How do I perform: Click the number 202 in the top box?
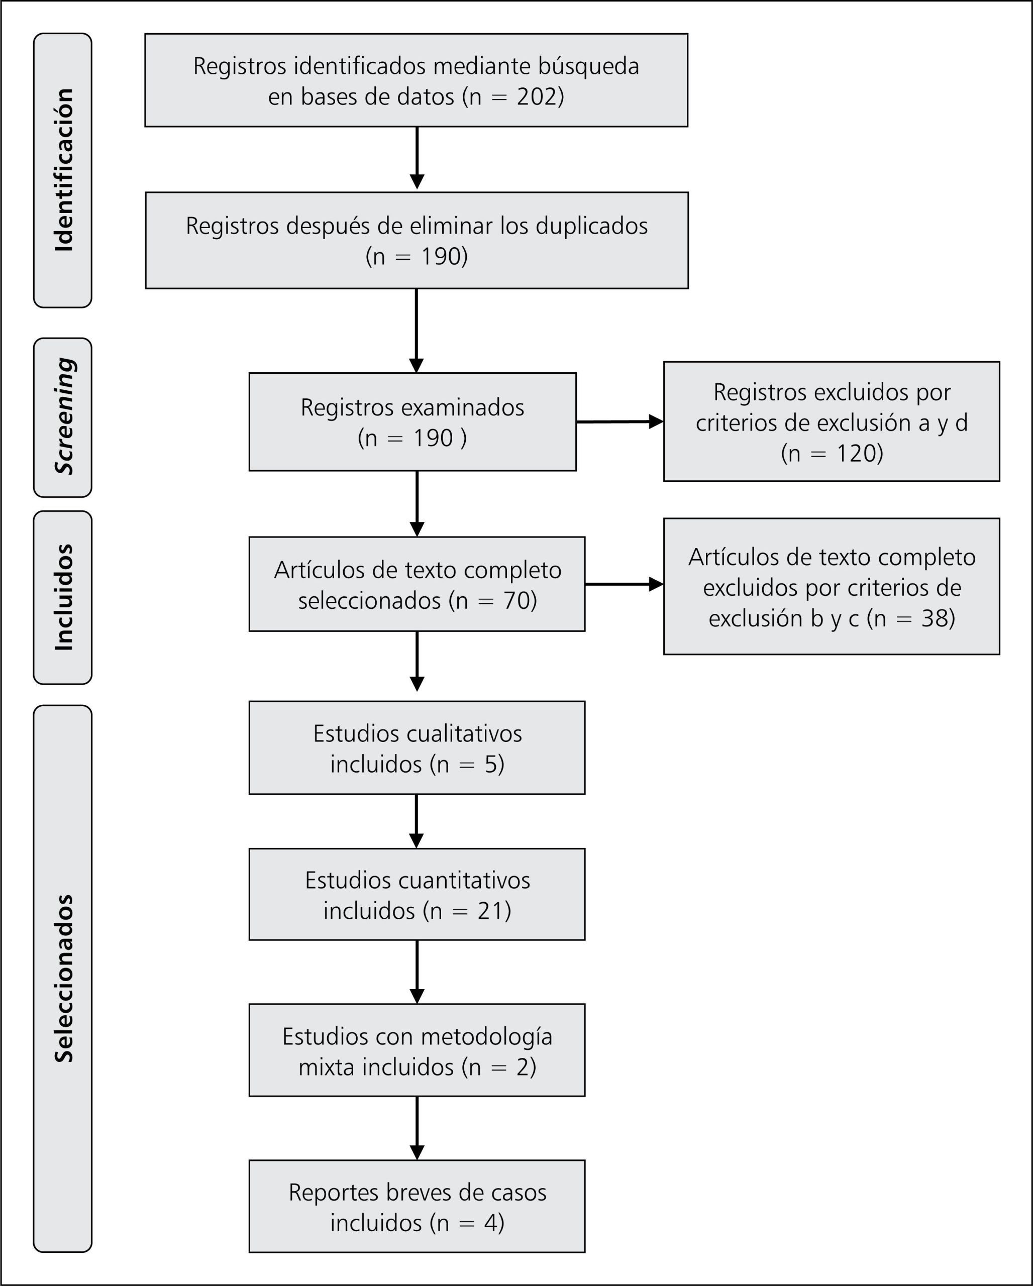click(x=536, y=96)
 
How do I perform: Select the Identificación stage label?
click(x=63, y=170)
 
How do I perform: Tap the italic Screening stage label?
click(x=64, y=417)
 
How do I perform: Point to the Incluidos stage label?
click(x=63, y=597)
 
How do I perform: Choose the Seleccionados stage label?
click(x=63, y=979)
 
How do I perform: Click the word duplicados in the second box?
click(x=592, y=226)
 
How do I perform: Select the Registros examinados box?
click(x=412, y=421)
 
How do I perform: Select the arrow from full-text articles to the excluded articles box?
click(x=625, y=584)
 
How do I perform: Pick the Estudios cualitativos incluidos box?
click(x=417, y=747)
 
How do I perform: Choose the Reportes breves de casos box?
click(x=417, y=1206)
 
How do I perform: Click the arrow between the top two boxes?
click(x=417, y=159)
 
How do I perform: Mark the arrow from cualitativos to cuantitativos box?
click(x=417, y=821)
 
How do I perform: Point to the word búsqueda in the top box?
click(x=589, y=66)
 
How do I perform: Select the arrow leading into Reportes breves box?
click(x=417, y=1128)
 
